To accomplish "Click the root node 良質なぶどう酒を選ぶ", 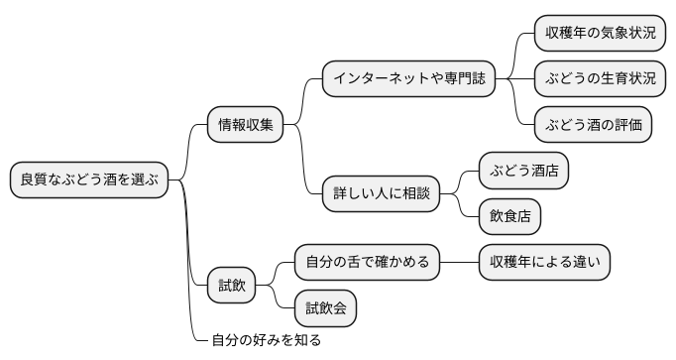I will pyautogui.click(x=88, y=180).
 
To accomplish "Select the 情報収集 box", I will pyautogui.click(x=245, y=125).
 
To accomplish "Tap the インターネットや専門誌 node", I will pyautogui.click(x=408, y=78).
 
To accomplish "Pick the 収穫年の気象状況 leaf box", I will pyautogui.click(x=600, y=33).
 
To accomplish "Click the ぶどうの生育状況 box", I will pyautogui.click(x=600, y=78).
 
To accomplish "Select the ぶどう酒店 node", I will pyautogui.click(x=523, y=171).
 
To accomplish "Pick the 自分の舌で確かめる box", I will pyautogui.click(x=367, y=263).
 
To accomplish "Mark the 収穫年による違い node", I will pyautogui.click(x=544, y=263).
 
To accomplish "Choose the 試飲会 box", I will pyautogui.click(x=325, y=308).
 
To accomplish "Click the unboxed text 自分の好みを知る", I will pyautogui.click(x=266, y=340).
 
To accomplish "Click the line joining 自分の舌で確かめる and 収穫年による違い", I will pyautogui.click(x=458, y=263).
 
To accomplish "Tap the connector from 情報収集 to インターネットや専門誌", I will pyautogui.click(x=303, y=99).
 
